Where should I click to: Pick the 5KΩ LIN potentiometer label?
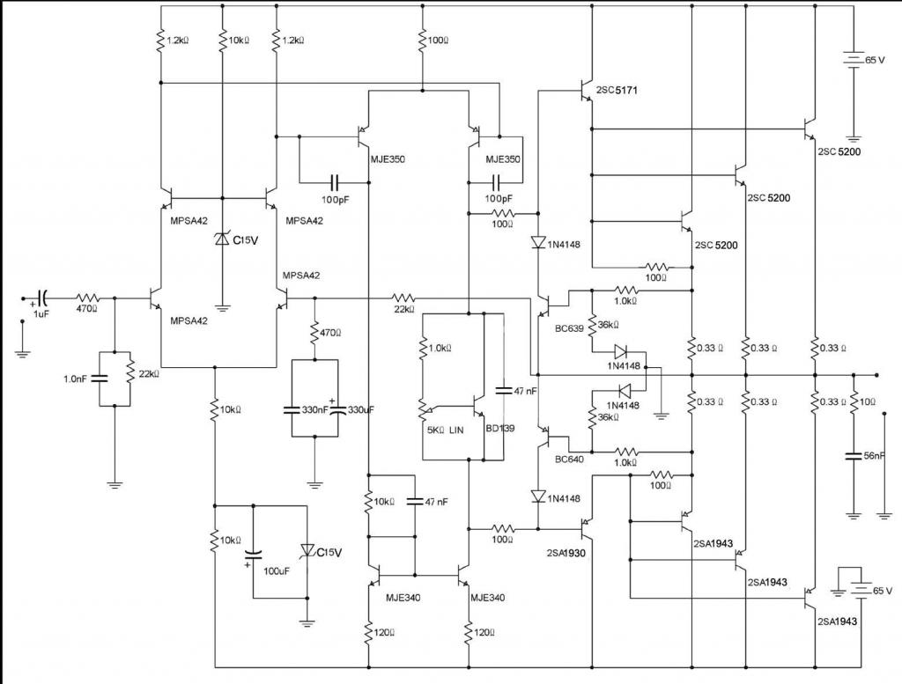(443, 430)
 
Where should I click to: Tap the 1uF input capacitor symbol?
(42, 298)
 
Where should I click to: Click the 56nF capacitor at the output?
(853, 455)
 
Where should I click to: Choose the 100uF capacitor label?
(277, 570)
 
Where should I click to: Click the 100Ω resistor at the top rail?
(424, 40)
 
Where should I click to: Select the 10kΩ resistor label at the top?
(239, 40)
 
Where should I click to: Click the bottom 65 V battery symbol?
(863, 592)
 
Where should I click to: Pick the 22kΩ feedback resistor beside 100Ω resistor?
(403, 298)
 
